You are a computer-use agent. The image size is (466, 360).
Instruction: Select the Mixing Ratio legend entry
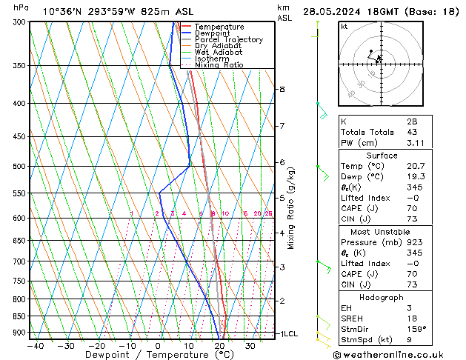coord(219,64)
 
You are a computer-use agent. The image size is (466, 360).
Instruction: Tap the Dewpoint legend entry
coord(212,33)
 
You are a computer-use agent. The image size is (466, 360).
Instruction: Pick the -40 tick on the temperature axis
coord(35,346)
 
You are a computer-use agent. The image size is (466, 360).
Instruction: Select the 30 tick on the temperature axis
coord(250,346)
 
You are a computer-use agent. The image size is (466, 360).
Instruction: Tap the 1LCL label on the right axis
coord(287,334)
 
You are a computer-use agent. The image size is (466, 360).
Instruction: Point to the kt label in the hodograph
coord(344,26)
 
